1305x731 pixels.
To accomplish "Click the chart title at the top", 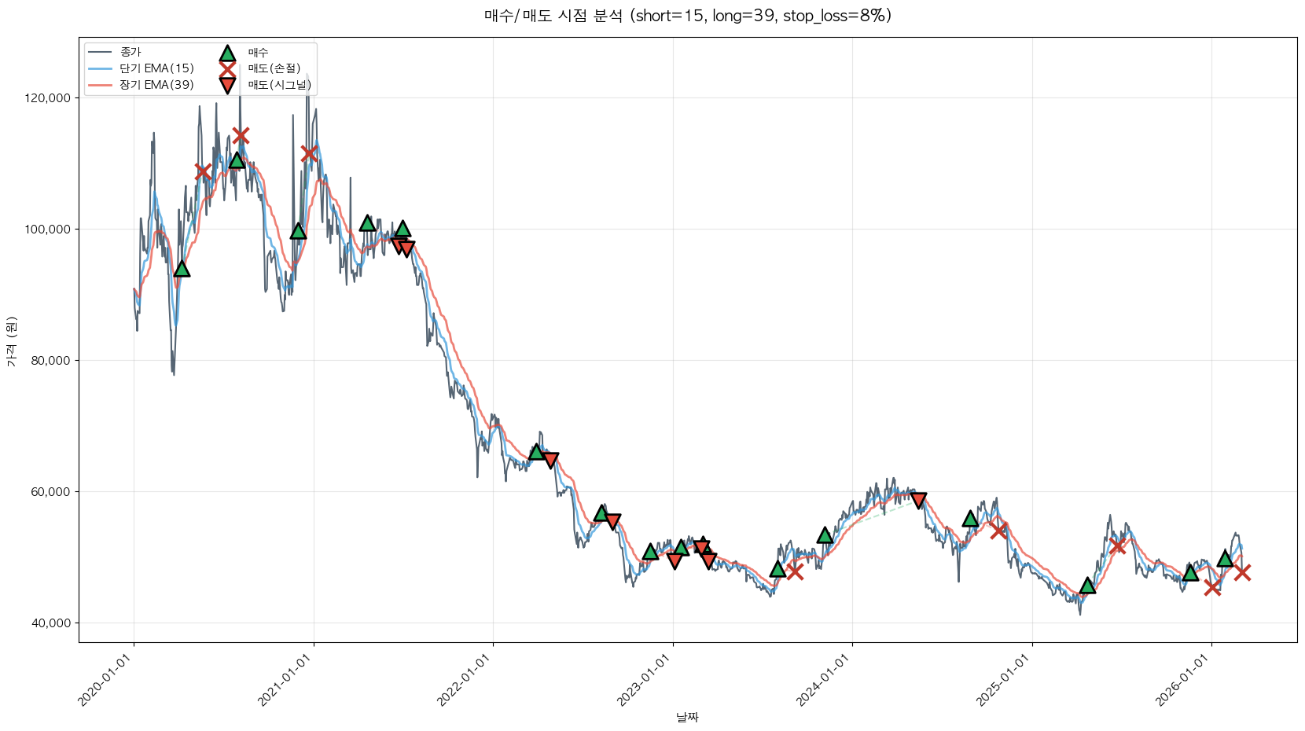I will click(688, 16).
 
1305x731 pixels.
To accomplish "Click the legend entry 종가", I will click(130, 52).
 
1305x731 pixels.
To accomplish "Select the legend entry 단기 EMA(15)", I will click(156, 68).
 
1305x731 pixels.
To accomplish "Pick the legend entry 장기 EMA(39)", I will click(156, 85).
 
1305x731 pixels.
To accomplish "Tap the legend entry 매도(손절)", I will click(274, 68).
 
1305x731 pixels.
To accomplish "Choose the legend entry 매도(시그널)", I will click(280, 85).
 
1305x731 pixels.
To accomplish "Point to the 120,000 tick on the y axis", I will click(48, 98).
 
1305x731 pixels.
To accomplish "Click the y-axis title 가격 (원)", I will click(11, 341).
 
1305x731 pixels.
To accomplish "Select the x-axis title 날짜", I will click(687, 717).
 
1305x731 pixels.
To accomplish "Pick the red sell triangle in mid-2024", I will click(918, 501).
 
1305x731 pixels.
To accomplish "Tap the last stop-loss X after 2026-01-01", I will click(1242, 572).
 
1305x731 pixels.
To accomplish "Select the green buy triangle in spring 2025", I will click(1087, 585).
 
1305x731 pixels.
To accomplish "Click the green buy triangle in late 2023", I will click(825, 535).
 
